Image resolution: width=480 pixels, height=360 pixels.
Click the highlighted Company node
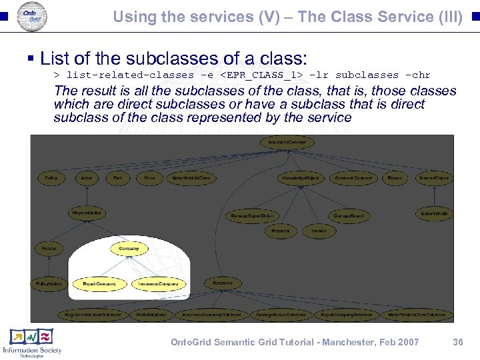[129, 249]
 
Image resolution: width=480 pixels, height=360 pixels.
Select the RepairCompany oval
[99, 284]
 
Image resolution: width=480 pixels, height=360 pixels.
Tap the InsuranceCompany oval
[159, 284]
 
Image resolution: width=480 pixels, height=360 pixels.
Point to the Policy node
[51, 178]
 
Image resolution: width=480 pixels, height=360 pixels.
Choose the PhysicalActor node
[87, 213]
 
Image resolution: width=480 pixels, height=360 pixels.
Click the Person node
[49, 249]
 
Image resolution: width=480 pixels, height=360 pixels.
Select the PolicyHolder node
[49, 284]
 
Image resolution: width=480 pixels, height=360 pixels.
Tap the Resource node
[223, 283]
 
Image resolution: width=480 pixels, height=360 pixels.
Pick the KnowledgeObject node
[301, 178]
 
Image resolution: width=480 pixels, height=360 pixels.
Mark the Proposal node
[280, 231]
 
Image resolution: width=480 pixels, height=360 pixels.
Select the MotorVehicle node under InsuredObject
[434, 213]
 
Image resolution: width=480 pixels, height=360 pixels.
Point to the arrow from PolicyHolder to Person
[49, 267]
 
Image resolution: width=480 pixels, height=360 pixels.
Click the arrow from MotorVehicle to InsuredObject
[434, 196]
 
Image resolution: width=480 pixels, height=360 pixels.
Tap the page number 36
[457, 342]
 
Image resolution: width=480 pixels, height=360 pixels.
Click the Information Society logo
[32, 343]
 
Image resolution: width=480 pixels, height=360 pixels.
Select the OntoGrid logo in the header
[31, 15]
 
